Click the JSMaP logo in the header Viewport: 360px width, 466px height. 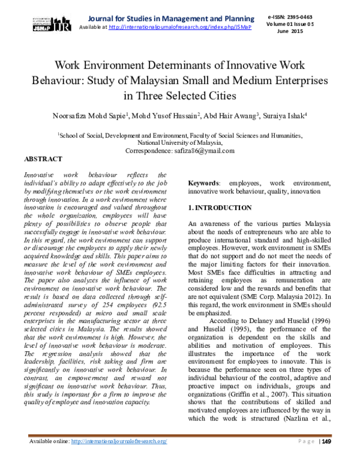pyautogui.click(x=49, y=23)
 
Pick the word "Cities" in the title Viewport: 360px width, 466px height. pyautogui.click(x=219, y=95)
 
